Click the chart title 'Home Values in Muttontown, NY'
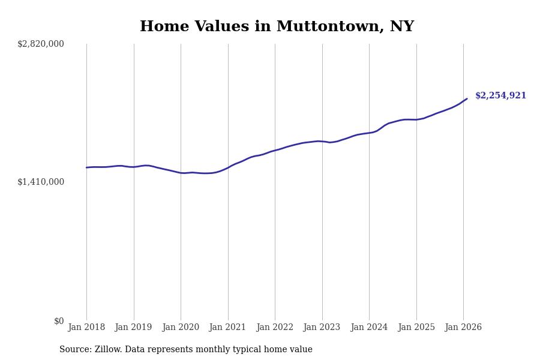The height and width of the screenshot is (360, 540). [277, 27]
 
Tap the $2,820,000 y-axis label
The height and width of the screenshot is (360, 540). [41, 44]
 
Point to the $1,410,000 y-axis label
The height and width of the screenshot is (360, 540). [41, 182]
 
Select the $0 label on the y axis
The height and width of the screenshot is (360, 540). [59, 321]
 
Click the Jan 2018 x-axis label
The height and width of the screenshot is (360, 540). [86, 327]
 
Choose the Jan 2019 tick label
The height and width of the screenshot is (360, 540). [134, 327]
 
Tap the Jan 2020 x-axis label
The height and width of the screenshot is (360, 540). [181, 327]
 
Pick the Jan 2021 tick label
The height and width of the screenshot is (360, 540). [228, 327]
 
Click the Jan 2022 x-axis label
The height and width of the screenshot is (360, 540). [275, 327]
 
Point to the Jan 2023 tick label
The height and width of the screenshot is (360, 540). [322, 327]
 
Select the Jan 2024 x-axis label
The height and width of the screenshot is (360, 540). [369, 327]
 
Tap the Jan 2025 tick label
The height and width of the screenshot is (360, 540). [416, 327]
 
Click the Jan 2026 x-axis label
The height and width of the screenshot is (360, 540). [463, 327]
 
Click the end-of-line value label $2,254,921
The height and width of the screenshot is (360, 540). [500, 96]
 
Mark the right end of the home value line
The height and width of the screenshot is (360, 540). [467, 99]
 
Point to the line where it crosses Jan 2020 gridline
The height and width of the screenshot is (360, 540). [181, 173]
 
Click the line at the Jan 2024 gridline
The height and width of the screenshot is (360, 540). [369, 133]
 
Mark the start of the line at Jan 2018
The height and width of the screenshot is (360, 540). [86, 167]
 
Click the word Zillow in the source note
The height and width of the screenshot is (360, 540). [109, 350]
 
